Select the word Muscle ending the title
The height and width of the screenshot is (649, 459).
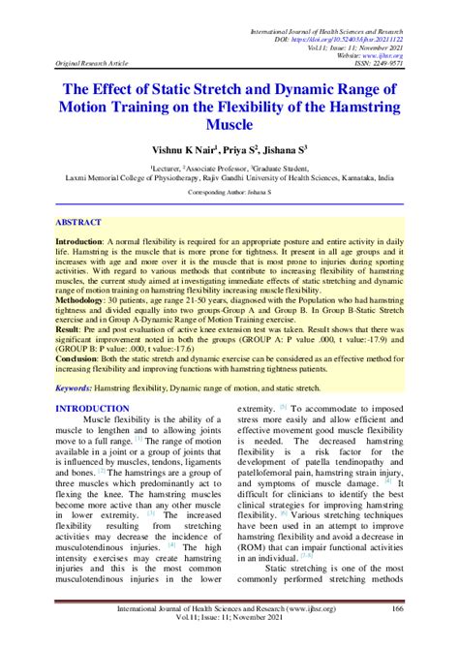[229, 126]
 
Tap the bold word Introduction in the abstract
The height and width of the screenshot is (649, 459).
[92, 239]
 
